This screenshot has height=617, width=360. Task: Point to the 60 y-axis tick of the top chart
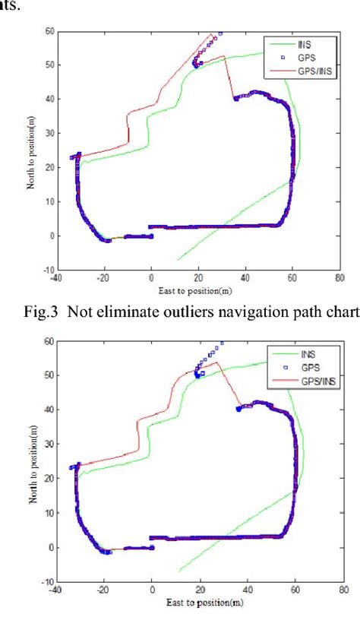click(49, 31)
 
